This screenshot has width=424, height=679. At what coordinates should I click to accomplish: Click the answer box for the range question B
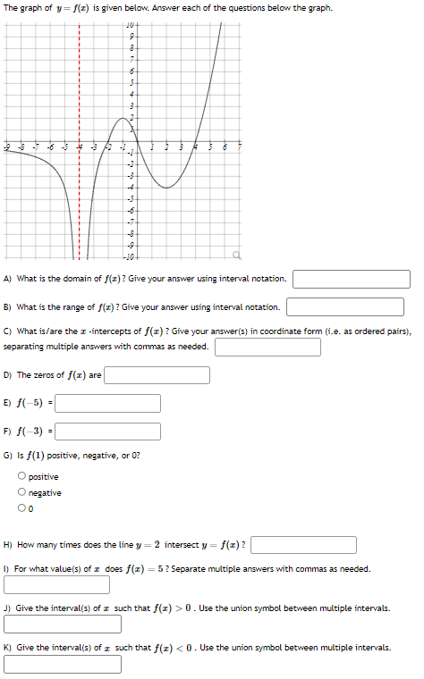click(x=345, y=307)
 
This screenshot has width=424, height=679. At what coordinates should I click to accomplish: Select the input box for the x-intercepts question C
click(x=267, y=347)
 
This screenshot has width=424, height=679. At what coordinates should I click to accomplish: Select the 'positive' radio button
click(x=21, y=477)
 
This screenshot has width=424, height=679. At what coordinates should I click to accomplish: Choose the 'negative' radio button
click(x=21, y=493)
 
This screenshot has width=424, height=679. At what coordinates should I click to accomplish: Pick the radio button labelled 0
click(x=21, y=509)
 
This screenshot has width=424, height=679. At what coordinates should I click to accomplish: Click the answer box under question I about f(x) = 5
click(x=56, y=585)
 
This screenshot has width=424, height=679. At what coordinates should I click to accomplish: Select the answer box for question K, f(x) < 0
click(x=56, y=664)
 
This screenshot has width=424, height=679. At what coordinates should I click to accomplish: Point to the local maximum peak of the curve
click(x=122, y=118)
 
